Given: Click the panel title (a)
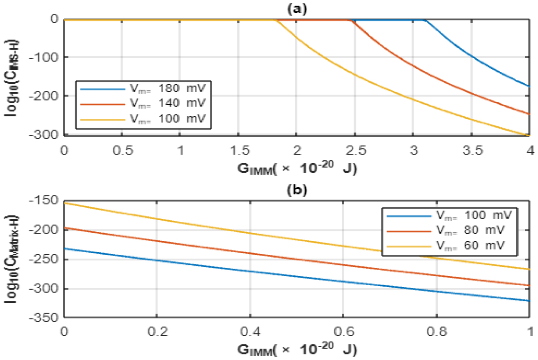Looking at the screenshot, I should coord(297,8).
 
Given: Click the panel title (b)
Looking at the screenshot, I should coord(297,191).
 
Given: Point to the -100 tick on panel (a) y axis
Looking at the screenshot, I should coord(46,57).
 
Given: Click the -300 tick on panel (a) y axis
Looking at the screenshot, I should coord(46,135).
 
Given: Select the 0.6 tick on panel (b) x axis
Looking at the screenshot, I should coord(343,331).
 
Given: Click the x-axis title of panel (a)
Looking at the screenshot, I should coord(297,168).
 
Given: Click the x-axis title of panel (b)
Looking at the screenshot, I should coord(297,350).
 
